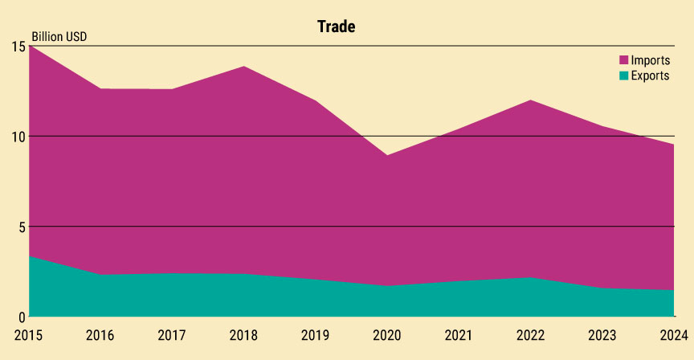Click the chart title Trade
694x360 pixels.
click(336, 27)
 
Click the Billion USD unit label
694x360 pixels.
click(59, 37)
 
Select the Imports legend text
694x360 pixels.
click(651, 60)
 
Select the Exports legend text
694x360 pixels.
click(651, 76)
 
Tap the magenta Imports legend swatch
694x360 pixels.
click(623, 60)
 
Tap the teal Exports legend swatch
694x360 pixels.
click(623, 76)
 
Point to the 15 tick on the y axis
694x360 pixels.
click(17, 47)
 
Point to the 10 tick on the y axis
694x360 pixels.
click(17, 137)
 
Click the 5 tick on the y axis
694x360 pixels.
click(21, 227)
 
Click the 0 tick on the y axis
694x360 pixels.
click(21, 317)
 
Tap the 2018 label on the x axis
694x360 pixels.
click(243, 333)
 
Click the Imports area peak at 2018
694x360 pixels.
click(243, 67)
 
